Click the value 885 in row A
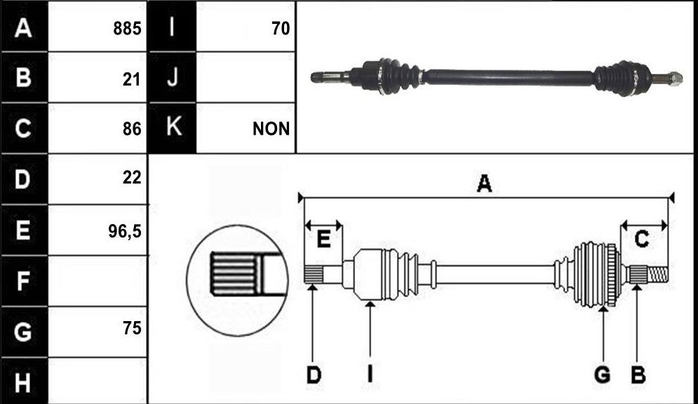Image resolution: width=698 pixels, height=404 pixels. tap(127, 29)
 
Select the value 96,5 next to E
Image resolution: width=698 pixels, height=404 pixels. tap(125, 231)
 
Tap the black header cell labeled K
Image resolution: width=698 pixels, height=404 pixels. tap(173, 128)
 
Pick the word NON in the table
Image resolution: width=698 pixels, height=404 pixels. tap(271, 129)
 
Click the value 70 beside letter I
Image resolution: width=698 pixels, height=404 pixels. tap(281, 29)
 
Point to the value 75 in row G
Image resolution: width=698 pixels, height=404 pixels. tap(132, 328)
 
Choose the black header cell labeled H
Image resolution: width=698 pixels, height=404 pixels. tap(24, 382)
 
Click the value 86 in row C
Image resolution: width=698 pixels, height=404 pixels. tap(132, 129)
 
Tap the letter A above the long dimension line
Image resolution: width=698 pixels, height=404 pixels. tap(484, 183)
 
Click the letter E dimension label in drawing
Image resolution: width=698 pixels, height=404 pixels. tap(323, 240)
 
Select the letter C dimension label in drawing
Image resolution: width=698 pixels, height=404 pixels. tap(641, 240)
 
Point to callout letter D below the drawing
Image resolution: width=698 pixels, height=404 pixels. tap(314, 375)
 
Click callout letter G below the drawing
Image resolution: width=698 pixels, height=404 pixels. tap(603, 374)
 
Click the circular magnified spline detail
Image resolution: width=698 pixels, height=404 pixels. tap(237, 280)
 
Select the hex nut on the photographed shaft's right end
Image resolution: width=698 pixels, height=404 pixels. tap(676, 79)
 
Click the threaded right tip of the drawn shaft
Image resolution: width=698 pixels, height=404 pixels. tap(657, 273)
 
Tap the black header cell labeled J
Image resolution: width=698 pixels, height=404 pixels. tap(173, 77)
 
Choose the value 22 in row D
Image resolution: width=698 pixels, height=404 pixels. tap(132, 178)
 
